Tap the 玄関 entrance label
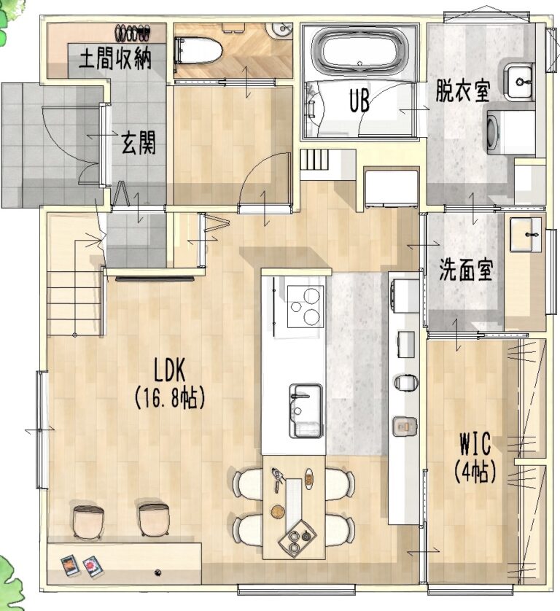pos(138,144)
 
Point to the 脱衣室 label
pos(464,91)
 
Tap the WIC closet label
pos(475,444)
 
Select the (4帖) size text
pos(475,472)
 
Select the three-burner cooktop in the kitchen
pos(305,306)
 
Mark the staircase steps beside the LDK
pos(74,303)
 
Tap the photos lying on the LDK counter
pos(81,566)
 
